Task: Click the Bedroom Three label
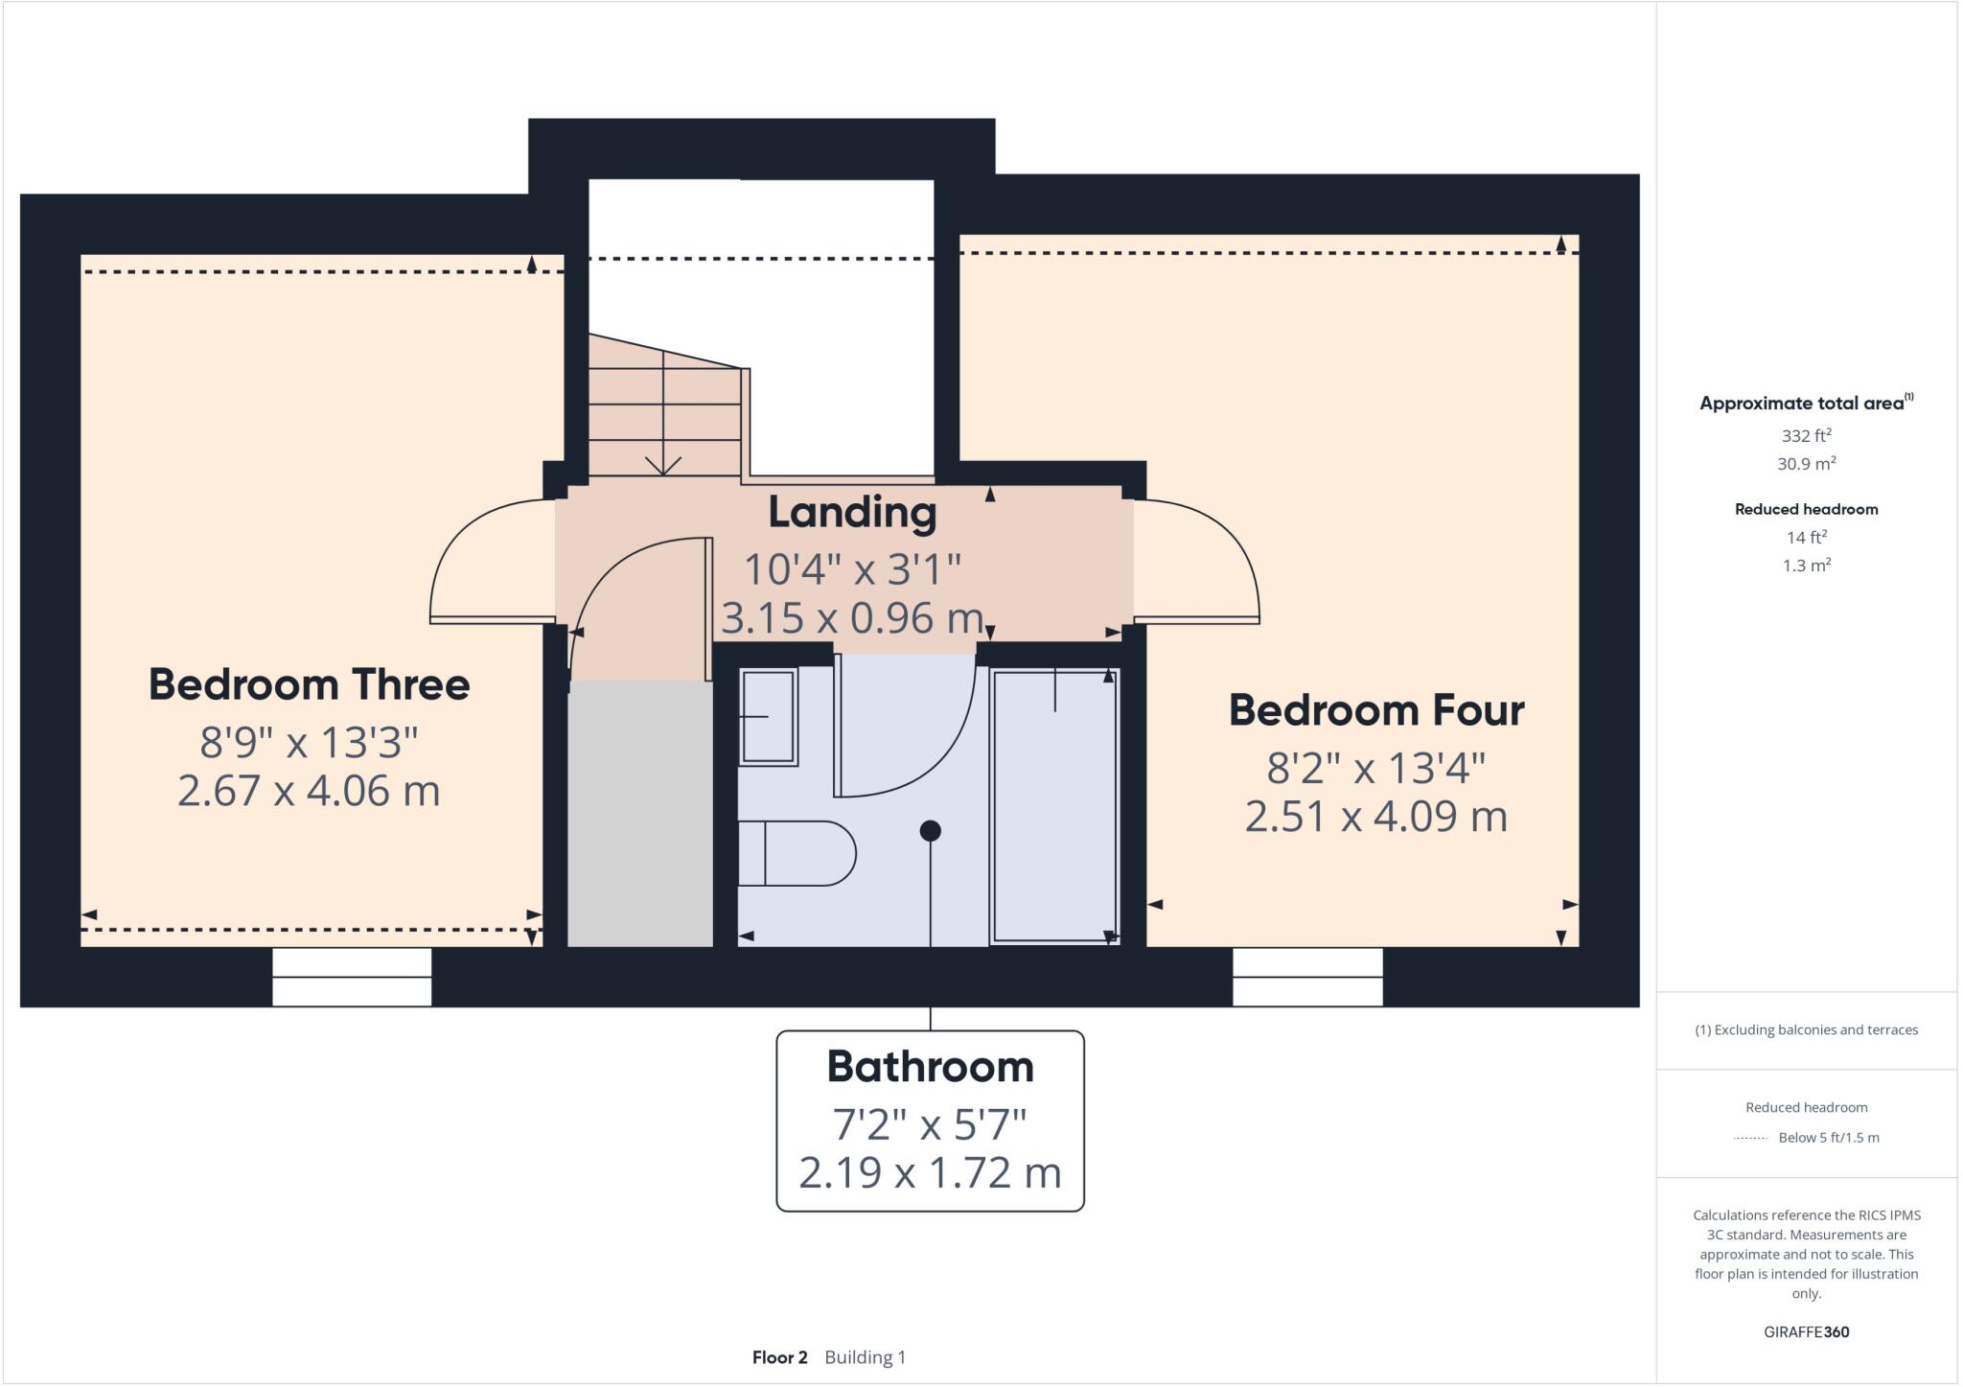tap(309, 684)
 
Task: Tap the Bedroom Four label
tap(1375, 710)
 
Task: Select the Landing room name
tap(852, 512)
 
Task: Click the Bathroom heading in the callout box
tap(930, 1067)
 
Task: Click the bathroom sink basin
tap(769, 717)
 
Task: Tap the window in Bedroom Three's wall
tap(352, 977)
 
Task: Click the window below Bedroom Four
tap(1307, 977)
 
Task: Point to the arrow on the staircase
tap(662, 464)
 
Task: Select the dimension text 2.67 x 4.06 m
tap(309, 792)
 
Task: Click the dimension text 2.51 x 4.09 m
tap(1375, 817)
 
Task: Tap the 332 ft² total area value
tap(1806, 435)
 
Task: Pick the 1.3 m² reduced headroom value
tap(1806, 566)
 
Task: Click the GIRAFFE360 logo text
tap(1806, 1331)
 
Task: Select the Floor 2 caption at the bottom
tap(779, 1357)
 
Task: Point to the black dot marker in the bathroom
tap(930, 831)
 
